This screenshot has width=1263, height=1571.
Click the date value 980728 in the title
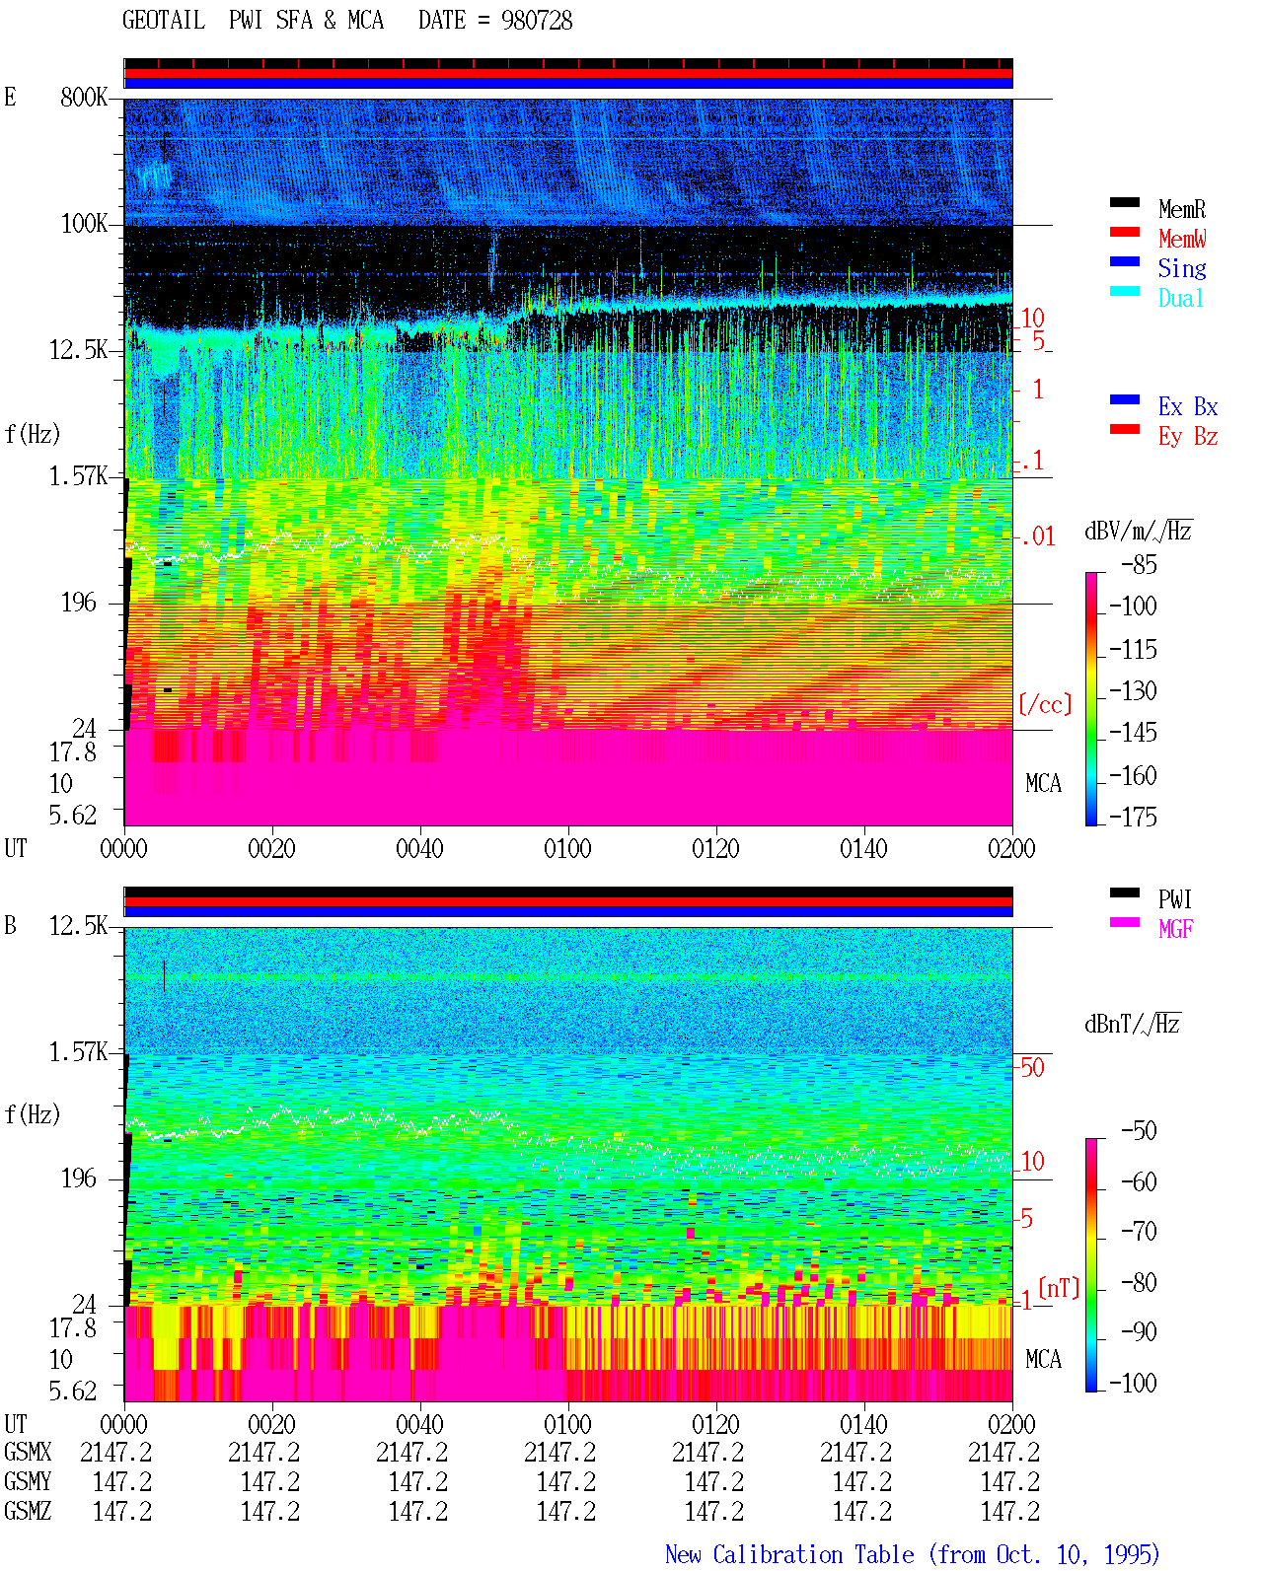[537, 21]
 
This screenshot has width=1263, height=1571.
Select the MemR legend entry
[1182, 209]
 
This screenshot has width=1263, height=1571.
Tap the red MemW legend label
[1182, 239]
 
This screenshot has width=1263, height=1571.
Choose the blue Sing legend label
[1182, 268]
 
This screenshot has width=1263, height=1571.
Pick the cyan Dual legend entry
[1181, 298]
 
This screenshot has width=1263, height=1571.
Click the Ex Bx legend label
[1188, 406]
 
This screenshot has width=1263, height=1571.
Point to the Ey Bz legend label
[1188, 437]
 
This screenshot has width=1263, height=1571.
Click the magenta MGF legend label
[1176, 929]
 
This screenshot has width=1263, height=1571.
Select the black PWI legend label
[1175, 899]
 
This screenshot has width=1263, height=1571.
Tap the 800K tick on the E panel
[84, 97]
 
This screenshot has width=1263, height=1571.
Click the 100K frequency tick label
[84, 224]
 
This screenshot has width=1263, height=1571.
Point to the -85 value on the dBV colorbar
[1139, 565]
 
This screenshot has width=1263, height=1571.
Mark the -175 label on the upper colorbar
[1133, 817]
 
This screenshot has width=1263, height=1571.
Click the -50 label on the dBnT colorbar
[1139, 1131]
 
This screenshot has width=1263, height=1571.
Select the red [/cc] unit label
[1045, 704]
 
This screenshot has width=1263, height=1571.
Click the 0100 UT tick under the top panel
[567, 849]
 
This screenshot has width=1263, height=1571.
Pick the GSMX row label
[28, 1452]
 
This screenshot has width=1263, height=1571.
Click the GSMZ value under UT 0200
[1009, 1511]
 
